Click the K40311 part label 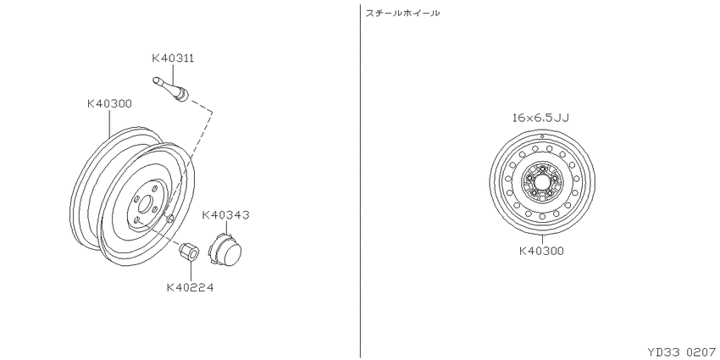(x=173, y=58)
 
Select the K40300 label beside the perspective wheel (x=109, y=104)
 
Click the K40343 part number (x=226, y=215)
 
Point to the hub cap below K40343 (x=225, y=248)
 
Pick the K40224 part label (x=190, y=288)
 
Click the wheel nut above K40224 (x=189, y=252)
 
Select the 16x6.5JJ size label (x=541, y=118)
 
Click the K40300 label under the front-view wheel (x=541, y=252)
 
